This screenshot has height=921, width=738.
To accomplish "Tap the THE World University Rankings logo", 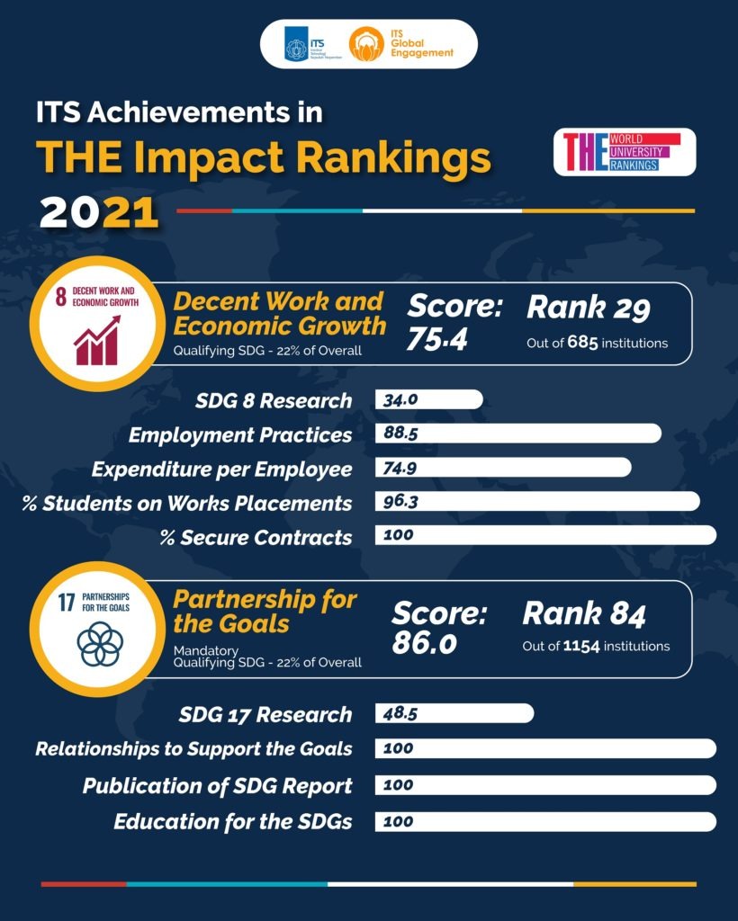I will pos(625,152).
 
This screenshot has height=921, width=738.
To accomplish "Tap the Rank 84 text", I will pos(584,615).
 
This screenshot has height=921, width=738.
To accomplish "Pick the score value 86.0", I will pos(424,643).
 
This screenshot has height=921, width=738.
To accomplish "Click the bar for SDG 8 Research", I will pos(429,399).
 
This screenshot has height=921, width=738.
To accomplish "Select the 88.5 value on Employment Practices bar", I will pos(401,434).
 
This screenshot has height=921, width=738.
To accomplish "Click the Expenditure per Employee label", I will pos(221,469).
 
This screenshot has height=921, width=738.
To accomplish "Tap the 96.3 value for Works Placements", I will pos(400,502).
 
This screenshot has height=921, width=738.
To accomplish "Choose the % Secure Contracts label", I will pos(256,537).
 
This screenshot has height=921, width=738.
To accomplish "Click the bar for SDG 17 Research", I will pos(454,714).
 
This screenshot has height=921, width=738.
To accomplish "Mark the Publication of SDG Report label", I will pos(217,785).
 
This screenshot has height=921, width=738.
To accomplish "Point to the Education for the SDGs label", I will pos(232,821).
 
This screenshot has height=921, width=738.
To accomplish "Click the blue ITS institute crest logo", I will pos(296,44).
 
